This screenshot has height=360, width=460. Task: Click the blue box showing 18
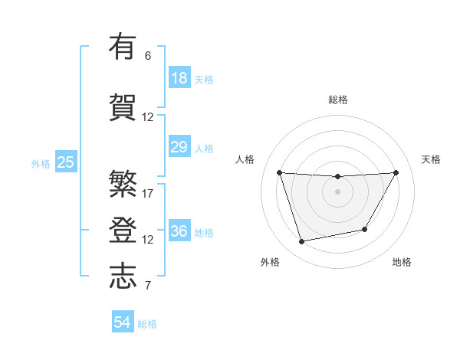[179, 77]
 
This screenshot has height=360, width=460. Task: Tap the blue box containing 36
[179, 231]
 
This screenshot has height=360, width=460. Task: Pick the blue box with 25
[65, 162]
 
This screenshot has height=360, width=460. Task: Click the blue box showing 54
[123, 322]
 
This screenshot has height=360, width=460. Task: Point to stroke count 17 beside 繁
[148, 193]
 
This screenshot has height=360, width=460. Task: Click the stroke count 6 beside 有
[148, 55]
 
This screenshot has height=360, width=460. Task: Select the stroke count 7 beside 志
[148, 286]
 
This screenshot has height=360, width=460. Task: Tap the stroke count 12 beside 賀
[148, 117]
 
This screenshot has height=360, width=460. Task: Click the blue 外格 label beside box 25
[41, 163]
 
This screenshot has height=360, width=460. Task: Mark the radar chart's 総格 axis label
[338, 100]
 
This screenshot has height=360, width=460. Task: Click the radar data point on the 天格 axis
[396, 172]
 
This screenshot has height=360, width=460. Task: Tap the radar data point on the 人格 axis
[279, 172]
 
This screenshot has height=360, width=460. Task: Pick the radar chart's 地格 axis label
[402, 262]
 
